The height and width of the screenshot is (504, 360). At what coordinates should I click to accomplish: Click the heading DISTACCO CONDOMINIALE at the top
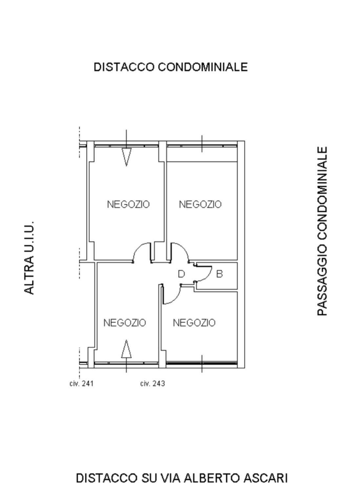[171, 67]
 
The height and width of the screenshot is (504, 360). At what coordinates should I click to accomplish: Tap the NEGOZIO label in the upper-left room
[128, 204]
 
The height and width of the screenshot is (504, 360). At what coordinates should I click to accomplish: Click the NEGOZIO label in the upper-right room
[200, 204]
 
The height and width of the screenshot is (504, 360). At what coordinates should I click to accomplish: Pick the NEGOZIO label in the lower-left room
[125, 323]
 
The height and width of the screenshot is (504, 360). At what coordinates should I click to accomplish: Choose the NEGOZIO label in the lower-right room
[194, 323]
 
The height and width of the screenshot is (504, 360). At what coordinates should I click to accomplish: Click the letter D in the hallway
[181, 274]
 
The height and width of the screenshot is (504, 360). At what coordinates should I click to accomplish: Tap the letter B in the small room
[219, 274]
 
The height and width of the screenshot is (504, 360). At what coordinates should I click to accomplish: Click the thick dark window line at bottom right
[201, 363]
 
